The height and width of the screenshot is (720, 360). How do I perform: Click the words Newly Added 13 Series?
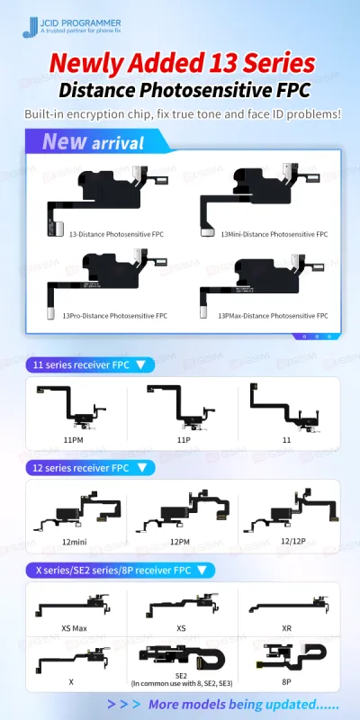click(181, 63)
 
